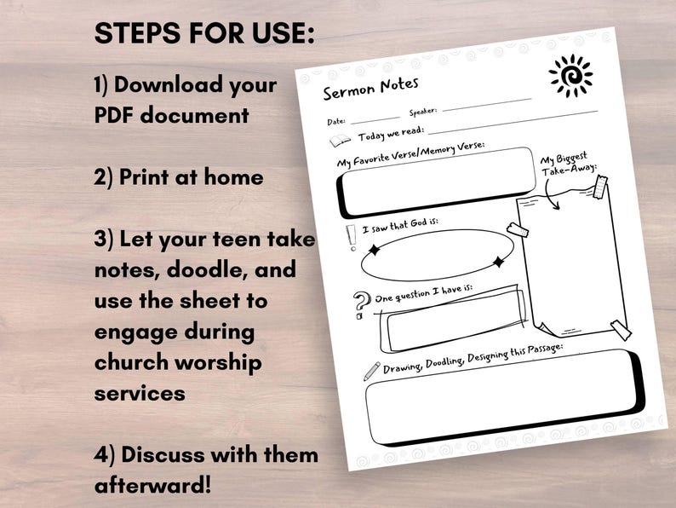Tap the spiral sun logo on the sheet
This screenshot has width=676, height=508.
[x=570, y=76]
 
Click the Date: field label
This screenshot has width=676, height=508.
[x=336, y=121]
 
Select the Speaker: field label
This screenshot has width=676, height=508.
[x=423, y=112]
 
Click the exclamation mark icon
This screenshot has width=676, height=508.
[x=351, y=238]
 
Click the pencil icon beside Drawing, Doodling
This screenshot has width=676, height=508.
[x=371, y=371]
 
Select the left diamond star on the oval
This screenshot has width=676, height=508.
[x=372, y=251]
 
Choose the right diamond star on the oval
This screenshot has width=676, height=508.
[x=499, y=262]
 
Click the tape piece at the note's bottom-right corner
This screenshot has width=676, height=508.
[x=621, y=330]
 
